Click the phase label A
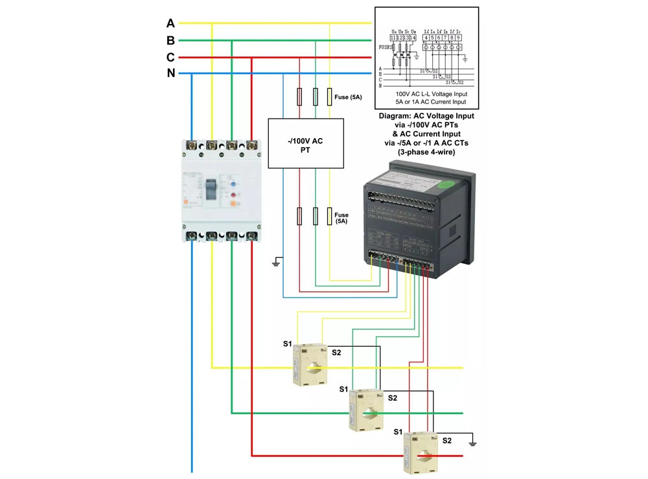pyautogui.click(x=170, y=23)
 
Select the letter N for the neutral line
pyautogui.click(x=171, y=73)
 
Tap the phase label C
pyautogui.click(x=170, y=57)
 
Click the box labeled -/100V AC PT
pyautogui.click(x=306, y=145)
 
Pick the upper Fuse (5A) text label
pyautogui.click(x=348, y=97)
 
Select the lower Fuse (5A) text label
pyautogui.click(x=341, y=218)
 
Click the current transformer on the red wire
pyautogui.click(x=422, y=454)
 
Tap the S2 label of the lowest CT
pyautogui.click(x=447, y=440)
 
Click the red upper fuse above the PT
pyautogui.click(x=299, y=97)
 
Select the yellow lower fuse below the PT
pyautogui.click(x=330, y=216)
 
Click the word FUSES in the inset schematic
pyautogui.click(x=387, y=47)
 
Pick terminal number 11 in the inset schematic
pyautogui.click(x=393, y=38)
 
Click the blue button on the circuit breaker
pyautogui.click(x=231, y=183)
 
